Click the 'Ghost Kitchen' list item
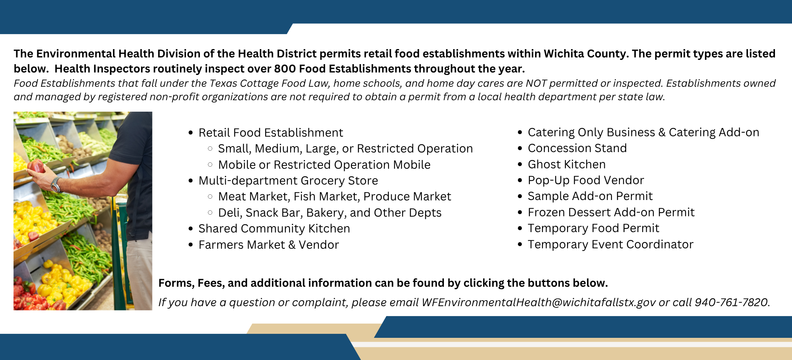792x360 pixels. coord(566,164)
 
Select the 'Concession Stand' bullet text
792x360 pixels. coord(577,148)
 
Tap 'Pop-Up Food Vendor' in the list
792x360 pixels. coord(586,180)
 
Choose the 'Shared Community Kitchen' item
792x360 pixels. coord(274,229)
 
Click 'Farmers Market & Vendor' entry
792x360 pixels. coord(268,245)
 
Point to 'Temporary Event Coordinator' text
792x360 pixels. coord(610,244)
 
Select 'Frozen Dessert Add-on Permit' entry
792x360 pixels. coord(611,212)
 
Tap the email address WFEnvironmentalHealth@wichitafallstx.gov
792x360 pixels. coord(539,302)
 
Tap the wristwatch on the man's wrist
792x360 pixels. coord(56,185)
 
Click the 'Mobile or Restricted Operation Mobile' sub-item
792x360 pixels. coord(324,165)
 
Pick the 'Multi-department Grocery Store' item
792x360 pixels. coord(288,181)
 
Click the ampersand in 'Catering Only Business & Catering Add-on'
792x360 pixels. coord(662,132)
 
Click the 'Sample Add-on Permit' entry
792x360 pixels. coord(590,196)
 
